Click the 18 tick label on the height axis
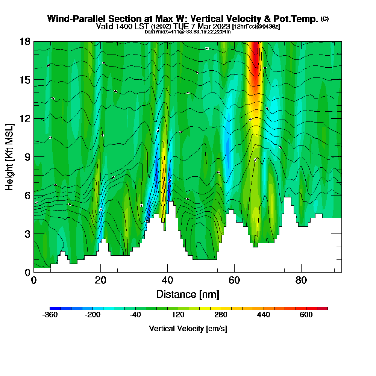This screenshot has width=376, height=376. coord(24,41)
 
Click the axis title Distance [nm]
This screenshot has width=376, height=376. coord(188,294)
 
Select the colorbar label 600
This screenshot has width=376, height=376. coord(306,315)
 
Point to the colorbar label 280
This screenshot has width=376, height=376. coord(221,315)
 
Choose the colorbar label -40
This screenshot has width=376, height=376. coord(135,315)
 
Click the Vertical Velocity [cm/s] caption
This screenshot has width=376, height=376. coord(188,329)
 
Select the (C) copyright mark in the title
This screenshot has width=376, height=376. coord(324,19)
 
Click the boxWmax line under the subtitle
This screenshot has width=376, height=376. coord(188,32)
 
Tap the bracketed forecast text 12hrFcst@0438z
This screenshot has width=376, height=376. coord(256,27)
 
